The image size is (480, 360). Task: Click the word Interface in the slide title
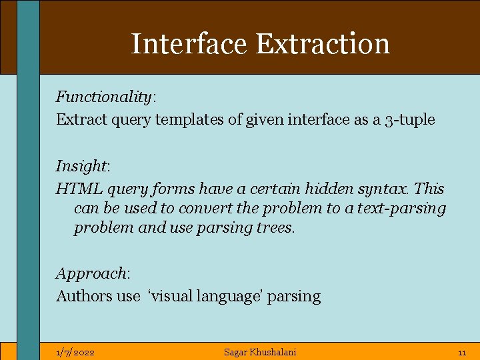coord(190,44)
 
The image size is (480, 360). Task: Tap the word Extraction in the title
coord(323,44)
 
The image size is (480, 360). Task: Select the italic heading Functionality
coord(104,97)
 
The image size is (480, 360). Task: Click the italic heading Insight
coord(81,166)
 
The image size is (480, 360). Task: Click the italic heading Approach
coord(91,273)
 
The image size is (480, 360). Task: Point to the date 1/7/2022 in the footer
coord(75,352)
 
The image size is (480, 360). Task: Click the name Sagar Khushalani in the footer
coord(260,352)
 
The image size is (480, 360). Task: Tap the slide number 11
coord(461,352)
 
